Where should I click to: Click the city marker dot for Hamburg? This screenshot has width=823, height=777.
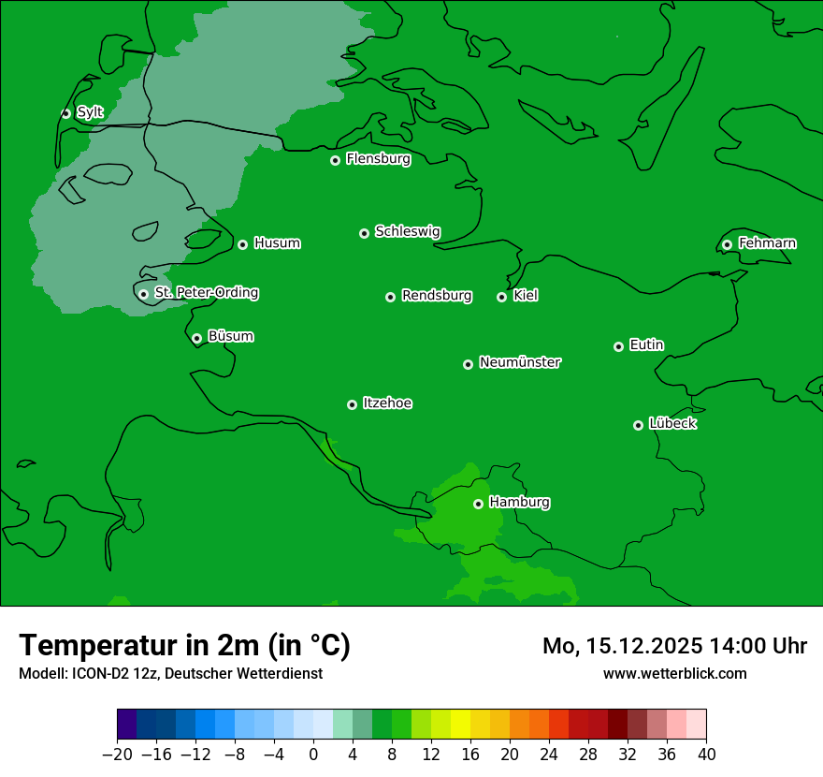[x=478, y=504]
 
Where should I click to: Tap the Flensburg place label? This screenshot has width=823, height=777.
[x=378, y=159]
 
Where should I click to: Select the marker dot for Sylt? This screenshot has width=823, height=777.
[x=65, y=113]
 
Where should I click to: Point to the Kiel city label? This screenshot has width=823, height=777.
[x=526, y=296]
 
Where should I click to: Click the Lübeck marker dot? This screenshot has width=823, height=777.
[x=639, y=425]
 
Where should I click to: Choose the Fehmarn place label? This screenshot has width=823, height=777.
[x=767, y=243]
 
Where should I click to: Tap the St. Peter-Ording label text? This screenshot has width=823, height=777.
[x=206, y=293]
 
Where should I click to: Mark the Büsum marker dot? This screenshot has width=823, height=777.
[x=196, y=339]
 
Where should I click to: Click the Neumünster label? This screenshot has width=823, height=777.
[x=520, y=362]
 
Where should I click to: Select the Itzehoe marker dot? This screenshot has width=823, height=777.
[x=352, y=405]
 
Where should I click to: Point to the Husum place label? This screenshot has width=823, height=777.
[x=277, y=243]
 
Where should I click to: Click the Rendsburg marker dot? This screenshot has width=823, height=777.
[x=390, y=298]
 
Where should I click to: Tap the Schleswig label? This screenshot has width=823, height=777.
[x=408, y=231]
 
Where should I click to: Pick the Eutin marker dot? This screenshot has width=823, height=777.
[x=618, y=346]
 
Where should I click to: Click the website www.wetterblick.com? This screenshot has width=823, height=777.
[x=674, y=673]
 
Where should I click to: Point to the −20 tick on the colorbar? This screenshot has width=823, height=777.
[x=118, y=755]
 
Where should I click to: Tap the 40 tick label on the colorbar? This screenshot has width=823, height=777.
[x=706, y=755]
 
